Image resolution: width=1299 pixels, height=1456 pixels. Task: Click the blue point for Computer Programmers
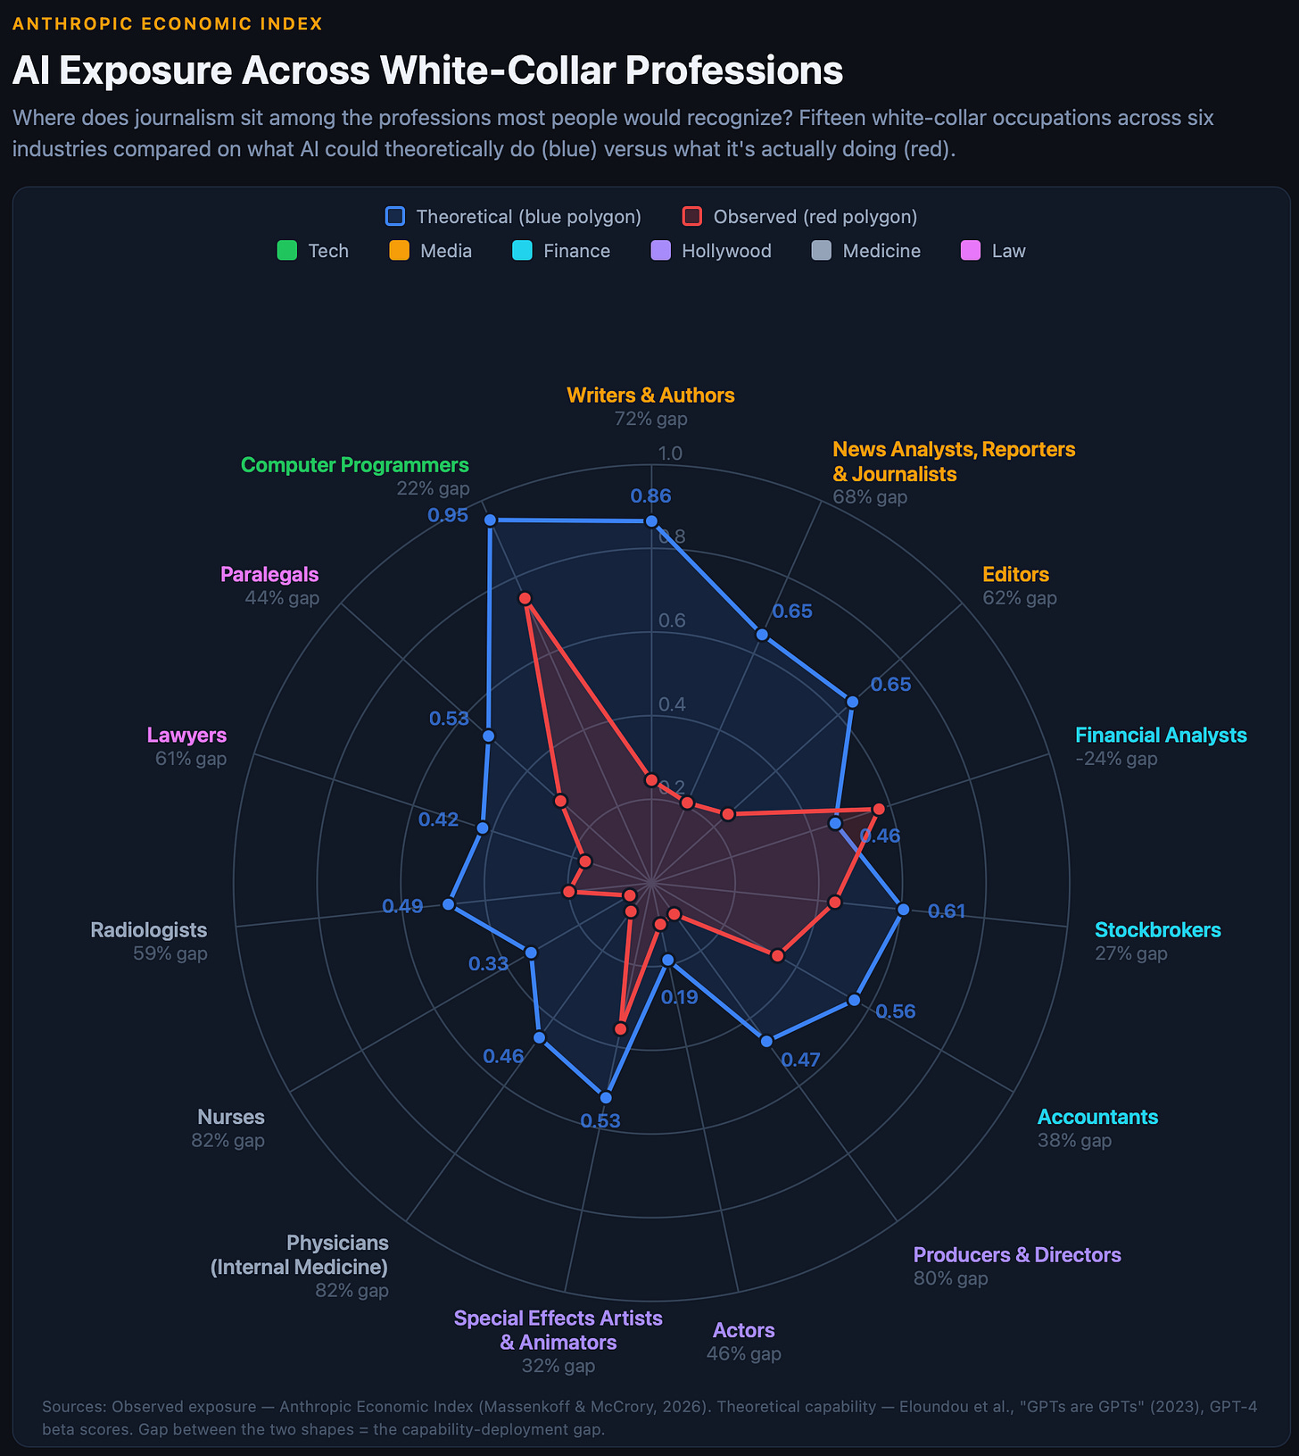click(489, 520)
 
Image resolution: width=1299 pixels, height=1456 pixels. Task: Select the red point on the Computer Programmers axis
click(525, 598)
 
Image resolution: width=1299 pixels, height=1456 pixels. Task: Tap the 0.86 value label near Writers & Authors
click(650, 496)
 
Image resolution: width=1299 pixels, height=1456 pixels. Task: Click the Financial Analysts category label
click(1160, 735)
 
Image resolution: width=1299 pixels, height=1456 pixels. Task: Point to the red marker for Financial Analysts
click(878, 809)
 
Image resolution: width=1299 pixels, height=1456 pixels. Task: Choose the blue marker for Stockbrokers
click(903, 909)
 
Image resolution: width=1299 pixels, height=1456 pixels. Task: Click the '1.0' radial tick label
click(669, 453)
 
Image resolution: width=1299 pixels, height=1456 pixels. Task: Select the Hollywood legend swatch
click(661, 251)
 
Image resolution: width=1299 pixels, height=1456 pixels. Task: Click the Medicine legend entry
click(881, 251)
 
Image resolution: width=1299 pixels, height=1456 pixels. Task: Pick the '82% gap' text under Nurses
click(228, 1140)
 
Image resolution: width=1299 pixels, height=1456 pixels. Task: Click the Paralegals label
click(269, 574)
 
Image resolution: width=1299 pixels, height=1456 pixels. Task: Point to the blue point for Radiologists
click(448, 904)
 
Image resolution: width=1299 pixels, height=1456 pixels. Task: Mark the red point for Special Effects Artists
click(621, 1029)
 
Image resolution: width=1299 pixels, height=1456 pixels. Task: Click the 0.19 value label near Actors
click(679, 997)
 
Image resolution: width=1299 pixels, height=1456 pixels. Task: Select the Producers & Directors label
click(1016, 1254)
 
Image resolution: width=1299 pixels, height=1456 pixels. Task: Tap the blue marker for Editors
click(852, 702)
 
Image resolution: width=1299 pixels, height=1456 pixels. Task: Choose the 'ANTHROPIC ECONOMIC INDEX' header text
click(168, 24)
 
